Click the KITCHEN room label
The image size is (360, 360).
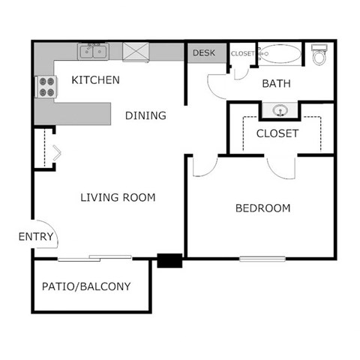(x=95, y=80)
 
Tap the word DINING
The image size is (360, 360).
(x=145, y=115)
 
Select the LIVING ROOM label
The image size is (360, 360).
(x=118, y=198)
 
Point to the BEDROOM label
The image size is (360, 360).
(x=262, y=208)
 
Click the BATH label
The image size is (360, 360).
(x=276, y=83)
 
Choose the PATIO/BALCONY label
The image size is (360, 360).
(x=86, y=286)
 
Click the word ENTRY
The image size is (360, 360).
(x=36, y=237)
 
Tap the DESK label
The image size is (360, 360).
(x=204, y=53)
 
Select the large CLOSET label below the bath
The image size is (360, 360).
(x=277, y=133)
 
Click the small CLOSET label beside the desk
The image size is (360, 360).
(x=242, y=53)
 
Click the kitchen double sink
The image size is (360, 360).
(x=94, y=51)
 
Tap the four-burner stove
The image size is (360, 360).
(x=46, y=87)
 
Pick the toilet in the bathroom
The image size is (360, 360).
(x=319, y=54)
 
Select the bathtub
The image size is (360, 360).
(x=280, y=54)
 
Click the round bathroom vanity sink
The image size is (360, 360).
(x=280, y=110)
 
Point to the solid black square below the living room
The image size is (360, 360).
(x=169, y=261)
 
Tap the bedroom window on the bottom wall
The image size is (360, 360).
(x=263, y=259)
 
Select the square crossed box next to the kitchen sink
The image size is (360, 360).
(x=136, y=52)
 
